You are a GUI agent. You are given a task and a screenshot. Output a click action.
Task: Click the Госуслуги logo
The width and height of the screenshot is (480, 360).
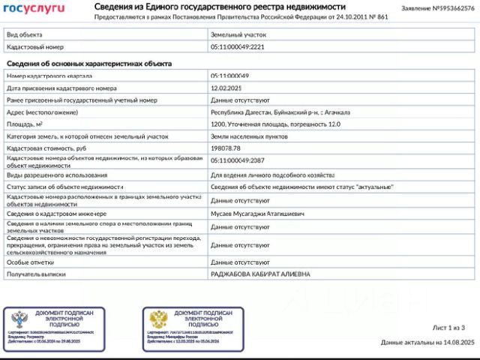point(35,9)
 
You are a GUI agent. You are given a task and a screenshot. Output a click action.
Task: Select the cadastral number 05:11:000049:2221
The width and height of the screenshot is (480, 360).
point(238,46)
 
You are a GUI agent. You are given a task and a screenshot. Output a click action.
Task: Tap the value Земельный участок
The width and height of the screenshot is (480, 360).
point(238,34)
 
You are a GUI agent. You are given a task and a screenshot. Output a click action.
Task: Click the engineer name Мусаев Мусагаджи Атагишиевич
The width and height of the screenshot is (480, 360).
point(257,214)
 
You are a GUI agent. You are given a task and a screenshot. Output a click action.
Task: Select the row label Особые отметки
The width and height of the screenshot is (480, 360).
point(31,262)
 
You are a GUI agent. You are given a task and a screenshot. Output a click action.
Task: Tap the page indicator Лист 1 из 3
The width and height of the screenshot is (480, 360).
point(449,328)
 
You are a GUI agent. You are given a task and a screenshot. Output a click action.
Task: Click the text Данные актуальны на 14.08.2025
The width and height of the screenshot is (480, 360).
point(427,342)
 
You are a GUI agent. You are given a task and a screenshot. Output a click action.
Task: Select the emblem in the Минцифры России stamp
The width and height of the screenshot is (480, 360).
point(158,318)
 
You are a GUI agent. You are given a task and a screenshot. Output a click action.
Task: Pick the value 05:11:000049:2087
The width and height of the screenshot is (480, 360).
point(238,160)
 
